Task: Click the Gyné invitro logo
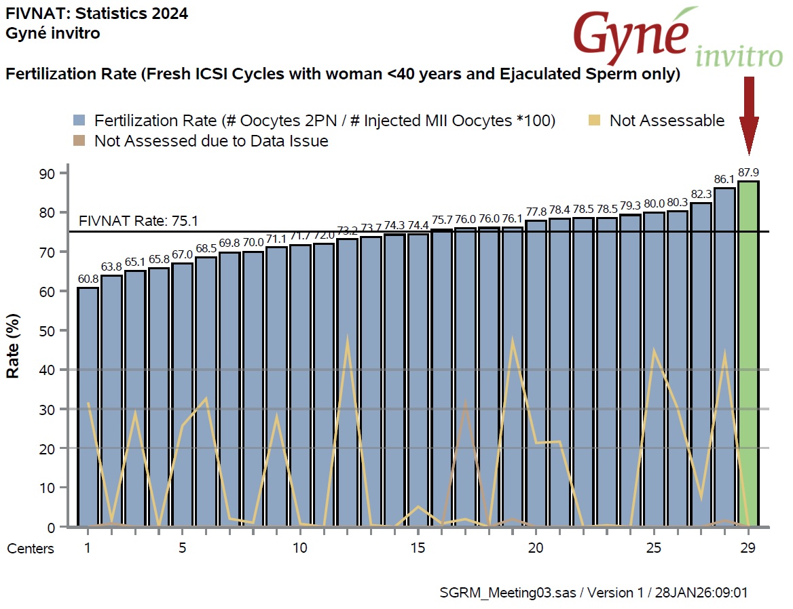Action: click(676, 37)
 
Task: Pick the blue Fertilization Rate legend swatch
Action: click(79, 121)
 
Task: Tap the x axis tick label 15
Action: click(418, 547)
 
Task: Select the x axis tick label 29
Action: click(748, 547)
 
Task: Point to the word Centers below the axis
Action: click(31, 549)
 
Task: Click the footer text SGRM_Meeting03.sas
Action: click(508, 592)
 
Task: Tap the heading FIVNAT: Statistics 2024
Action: click(96, 13)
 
